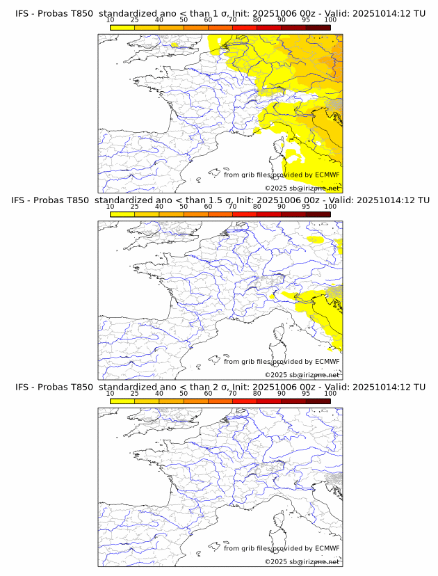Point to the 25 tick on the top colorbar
click(135, 20)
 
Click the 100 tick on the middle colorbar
click(330, 207)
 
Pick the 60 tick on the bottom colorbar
click(208, 393)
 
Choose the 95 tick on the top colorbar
click(306, 20)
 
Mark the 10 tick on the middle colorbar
click(111, 207)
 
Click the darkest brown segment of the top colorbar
click(318, 28)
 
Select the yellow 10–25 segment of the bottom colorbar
click(122, 401)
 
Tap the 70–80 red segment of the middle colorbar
click(245, 214)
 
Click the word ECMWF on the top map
click(327, 175)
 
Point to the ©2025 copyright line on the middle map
click(302, 374)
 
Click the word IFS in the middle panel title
click(22, 200)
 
